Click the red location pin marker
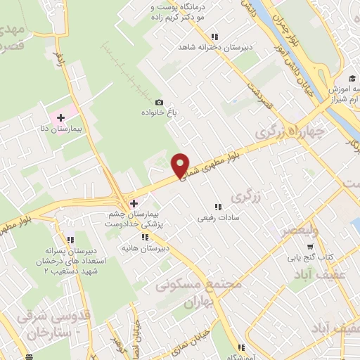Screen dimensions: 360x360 click(x=181, y=165)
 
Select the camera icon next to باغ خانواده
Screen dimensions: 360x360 click(x=159, y=103)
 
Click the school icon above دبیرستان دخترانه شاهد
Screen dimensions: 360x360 click(x=214, y=37)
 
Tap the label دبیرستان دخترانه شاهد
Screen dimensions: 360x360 click(x=214, y=49)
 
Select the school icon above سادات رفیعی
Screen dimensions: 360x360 click(x=217, y=207)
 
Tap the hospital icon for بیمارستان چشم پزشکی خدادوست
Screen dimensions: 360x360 click(x=134, y=203)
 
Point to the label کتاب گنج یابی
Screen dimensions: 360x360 click(x=308, y=257)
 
